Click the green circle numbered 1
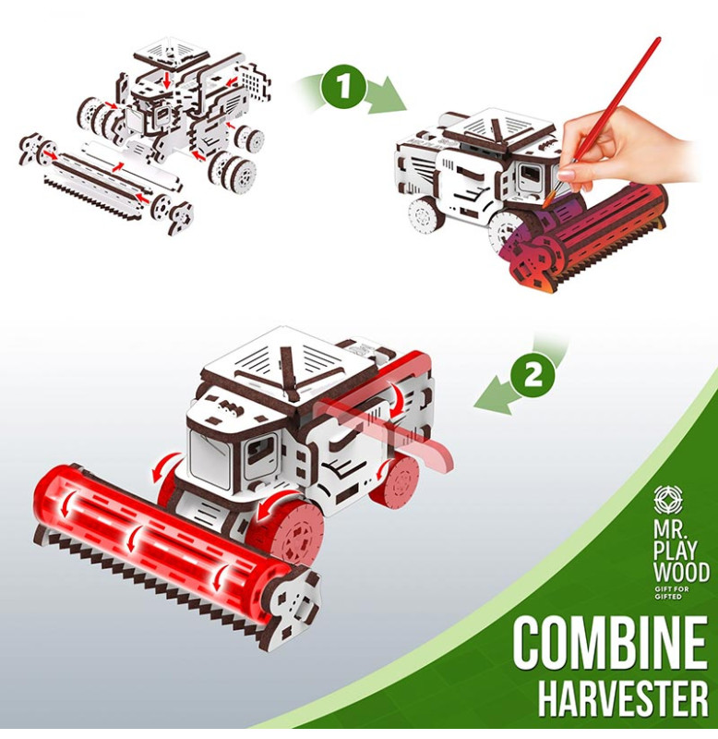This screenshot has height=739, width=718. [343, 86]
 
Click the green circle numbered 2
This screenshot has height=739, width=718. [532, 376]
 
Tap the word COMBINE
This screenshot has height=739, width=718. [610, 644]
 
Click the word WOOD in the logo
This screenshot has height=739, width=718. [681, 572]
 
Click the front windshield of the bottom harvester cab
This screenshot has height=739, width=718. [210, 455]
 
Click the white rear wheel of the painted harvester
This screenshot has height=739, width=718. [425, 218]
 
